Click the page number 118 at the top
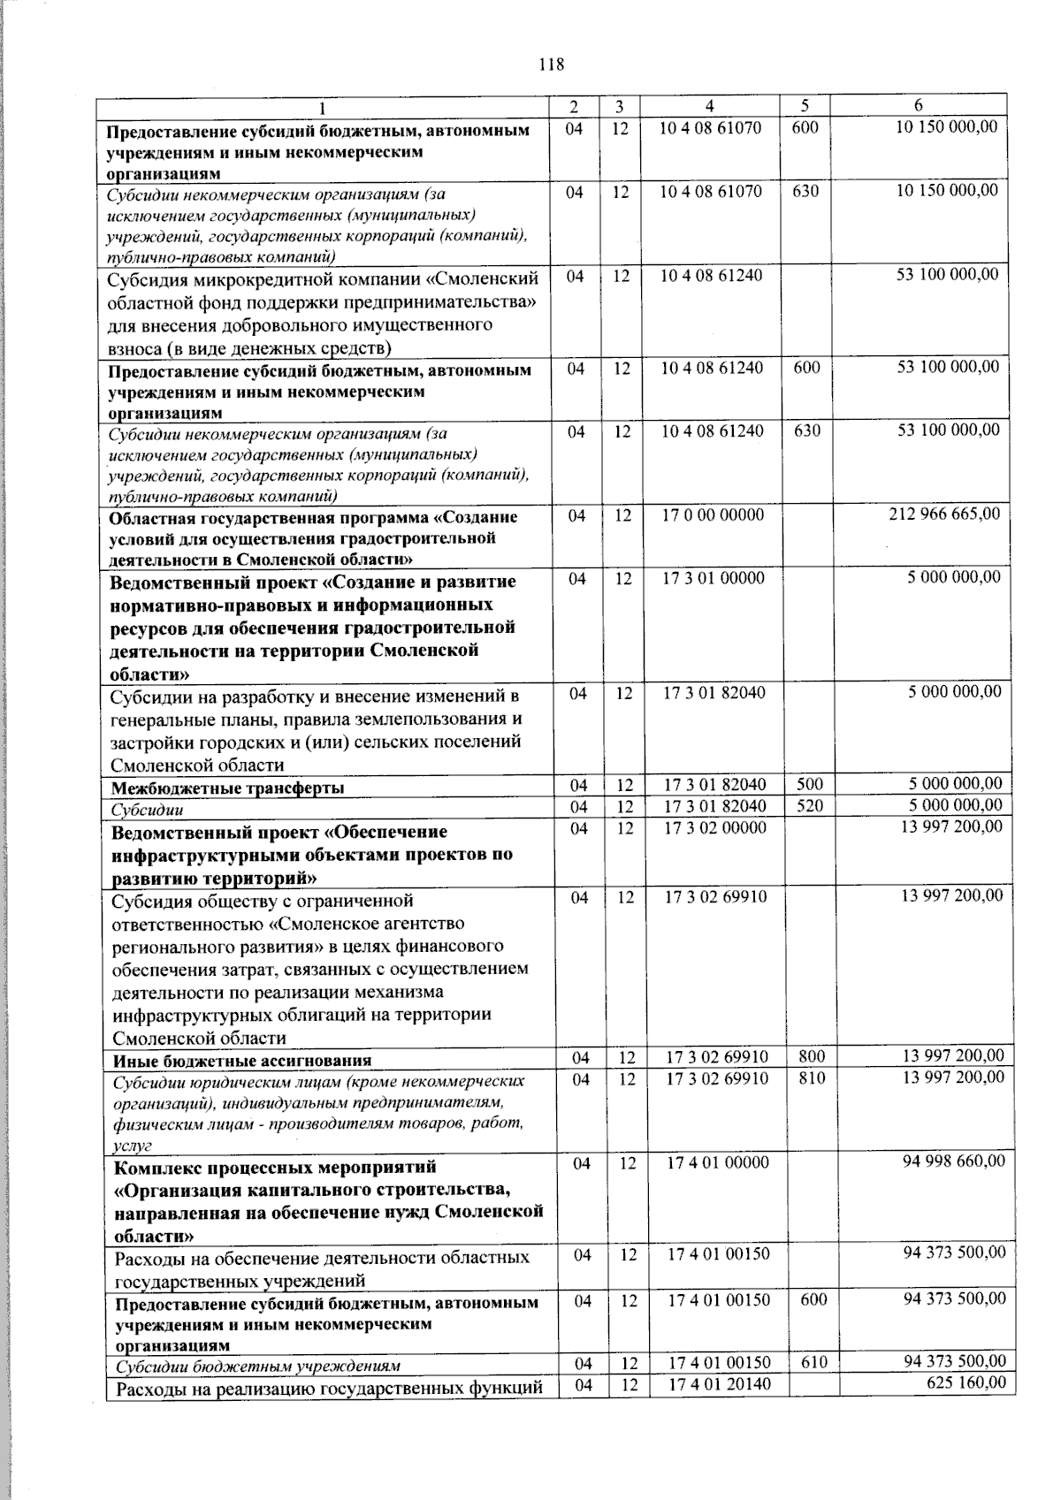[x=550, y=65]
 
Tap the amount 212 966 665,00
[x=944, y=514]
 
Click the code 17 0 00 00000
[x=713, y=514]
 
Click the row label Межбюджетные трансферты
[x=227, y=788]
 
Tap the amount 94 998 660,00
[x=953, y=1161]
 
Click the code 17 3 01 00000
[x=714, y=578]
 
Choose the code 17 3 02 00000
[x=715, y=828]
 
